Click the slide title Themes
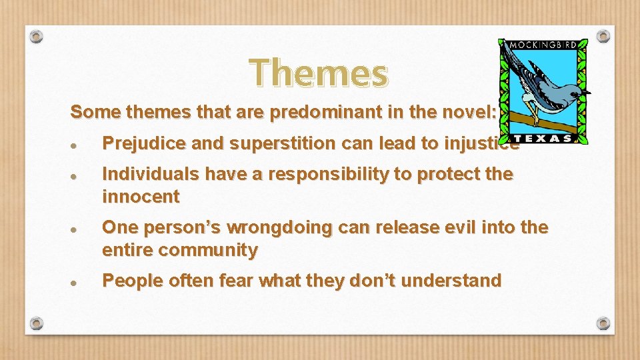coord(319,73)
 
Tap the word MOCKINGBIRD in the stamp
coord(543,46)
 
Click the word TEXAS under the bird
coord(544,138)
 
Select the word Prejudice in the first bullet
coord(135,143)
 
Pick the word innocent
coord(141,197)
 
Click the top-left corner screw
coord(37,36)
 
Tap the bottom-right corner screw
coord(603,323)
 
